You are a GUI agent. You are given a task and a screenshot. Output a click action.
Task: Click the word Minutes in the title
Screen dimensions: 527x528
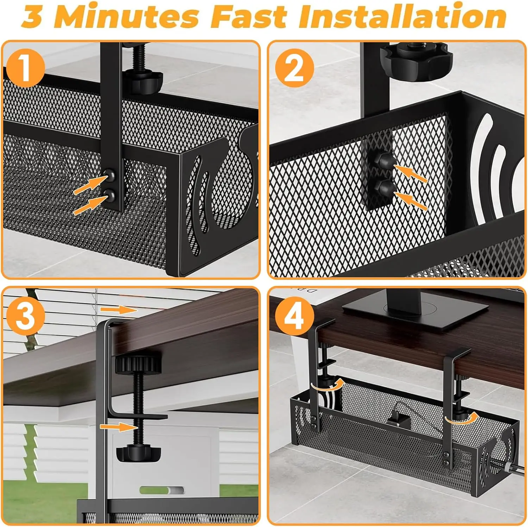[x=127, y=17]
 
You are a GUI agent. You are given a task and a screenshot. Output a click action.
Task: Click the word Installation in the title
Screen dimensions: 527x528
[x=403, y=17]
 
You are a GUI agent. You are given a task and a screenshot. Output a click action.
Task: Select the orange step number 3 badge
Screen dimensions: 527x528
[x=25, y=315]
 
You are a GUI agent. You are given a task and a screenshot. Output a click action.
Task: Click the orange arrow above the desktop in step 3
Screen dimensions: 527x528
[x=118, y=309]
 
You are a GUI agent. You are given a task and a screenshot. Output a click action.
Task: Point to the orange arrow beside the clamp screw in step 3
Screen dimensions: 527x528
[x=118, y=427]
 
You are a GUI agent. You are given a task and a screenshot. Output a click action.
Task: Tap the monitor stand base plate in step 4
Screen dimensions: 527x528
[x=415, y=313]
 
